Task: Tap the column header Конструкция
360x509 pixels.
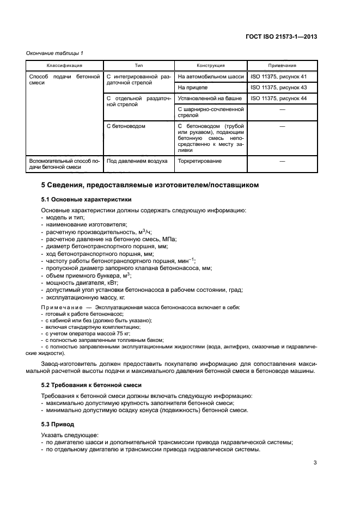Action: click(210, 65)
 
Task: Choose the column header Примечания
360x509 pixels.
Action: click(282, 65)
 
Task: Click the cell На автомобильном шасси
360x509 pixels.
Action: click(210, 77)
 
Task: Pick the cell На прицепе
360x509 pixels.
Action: click(193, 87)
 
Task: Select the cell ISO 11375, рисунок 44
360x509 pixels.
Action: click(278, 98)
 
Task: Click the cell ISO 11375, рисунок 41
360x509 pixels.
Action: click(278, 77)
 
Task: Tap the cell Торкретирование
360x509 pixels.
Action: click(199, 161)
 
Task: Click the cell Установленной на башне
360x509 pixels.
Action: click(210, 98)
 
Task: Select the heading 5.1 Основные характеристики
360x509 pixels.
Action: click(86, 199)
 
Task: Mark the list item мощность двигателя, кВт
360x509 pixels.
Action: click(81, 283)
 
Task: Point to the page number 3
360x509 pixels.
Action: click(315, 463)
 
